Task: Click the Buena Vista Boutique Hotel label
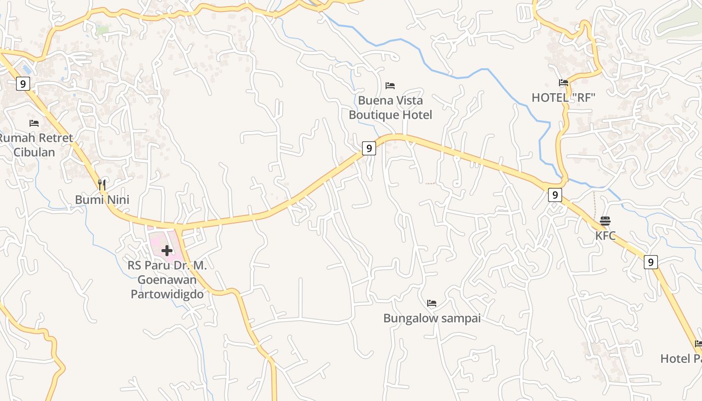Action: tap(390, 107)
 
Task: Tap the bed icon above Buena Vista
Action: tap(390, 85)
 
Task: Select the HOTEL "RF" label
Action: tap(563, 97)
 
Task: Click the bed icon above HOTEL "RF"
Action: tap(564, 83)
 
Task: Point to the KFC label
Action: tap(605, 236)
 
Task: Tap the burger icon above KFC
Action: tap(605, 221)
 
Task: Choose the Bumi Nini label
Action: tap(102, 199)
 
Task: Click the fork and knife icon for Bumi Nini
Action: tap(102, 184)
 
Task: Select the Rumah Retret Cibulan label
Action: tap(35, 144)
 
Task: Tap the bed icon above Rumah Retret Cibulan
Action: tap(34, 123)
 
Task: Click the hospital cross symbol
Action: tap(167, 250)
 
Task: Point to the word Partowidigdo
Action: tap(167, 294)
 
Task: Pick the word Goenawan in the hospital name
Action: tap(167, 280)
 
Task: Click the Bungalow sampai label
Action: tap(432, 318)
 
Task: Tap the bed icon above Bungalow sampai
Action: tap(432, 303)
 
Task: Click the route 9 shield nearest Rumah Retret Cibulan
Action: tap(23, 84)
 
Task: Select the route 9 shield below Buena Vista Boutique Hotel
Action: tap(369, 148)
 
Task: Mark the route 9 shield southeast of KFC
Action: tap(650, 262)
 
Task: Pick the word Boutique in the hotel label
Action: tap(371, 115)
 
